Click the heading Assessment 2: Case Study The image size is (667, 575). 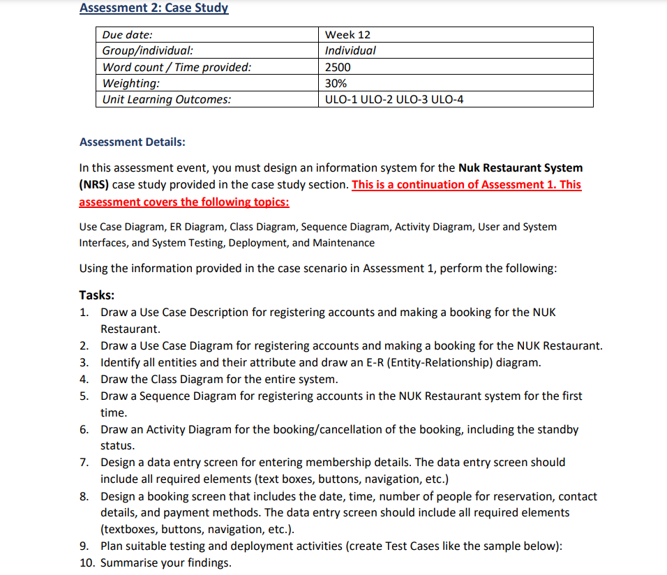point(153,8)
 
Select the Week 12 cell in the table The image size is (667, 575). point(348,35)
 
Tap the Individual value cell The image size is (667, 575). point(350,51)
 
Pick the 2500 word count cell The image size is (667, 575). point(338,67)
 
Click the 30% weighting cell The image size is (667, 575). point(336,83)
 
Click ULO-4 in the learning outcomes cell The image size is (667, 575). point(448,99)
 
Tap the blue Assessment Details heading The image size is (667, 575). point(133,142)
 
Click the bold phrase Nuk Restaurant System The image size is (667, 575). point(520,167)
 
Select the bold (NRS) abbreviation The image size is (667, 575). point(94,185)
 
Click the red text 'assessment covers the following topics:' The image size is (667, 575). point(184,202)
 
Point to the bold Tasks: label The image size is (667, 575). point(97,294)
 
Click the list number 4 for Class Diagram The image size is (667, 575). point(83,380)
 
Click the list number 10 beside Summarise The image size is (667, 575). point(87,563)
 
